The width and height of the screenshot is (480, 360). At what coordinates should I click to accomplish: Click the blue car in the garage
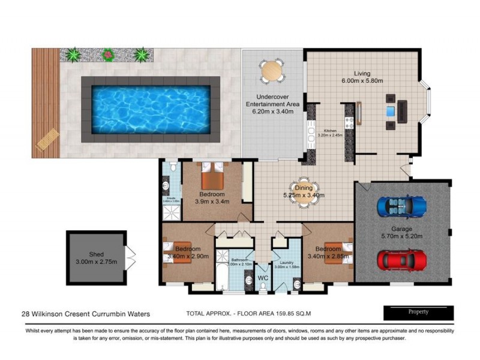[x=401, y=206]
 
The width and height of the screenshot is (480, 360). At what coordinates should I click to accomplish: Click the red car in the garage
[x=401, y=260]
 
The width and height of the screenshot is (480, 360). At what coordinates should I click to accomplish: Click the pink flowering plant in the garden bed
[x=108, y=55]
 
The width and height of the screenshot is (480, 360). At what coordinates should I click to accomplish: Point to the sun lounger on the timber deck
[x=47, y=139]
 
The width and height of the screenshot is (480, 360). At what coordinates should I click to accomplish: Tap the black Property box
[x=418, y=312]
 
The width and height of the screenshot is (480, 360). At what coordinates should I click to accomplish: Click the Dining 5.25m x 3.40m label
[x=304, y=191]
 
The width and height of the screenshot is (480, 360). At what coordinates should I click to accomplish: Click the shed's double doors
[x=130, y=257]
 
